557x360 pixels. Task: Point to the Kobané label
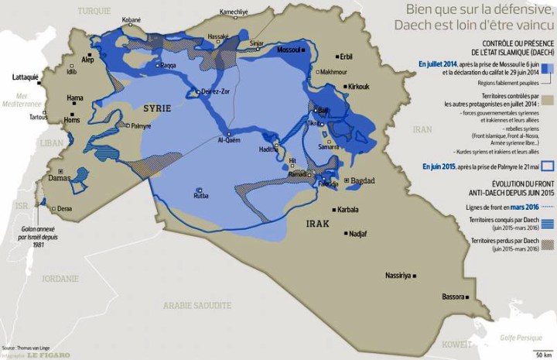tap(132, 19)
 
